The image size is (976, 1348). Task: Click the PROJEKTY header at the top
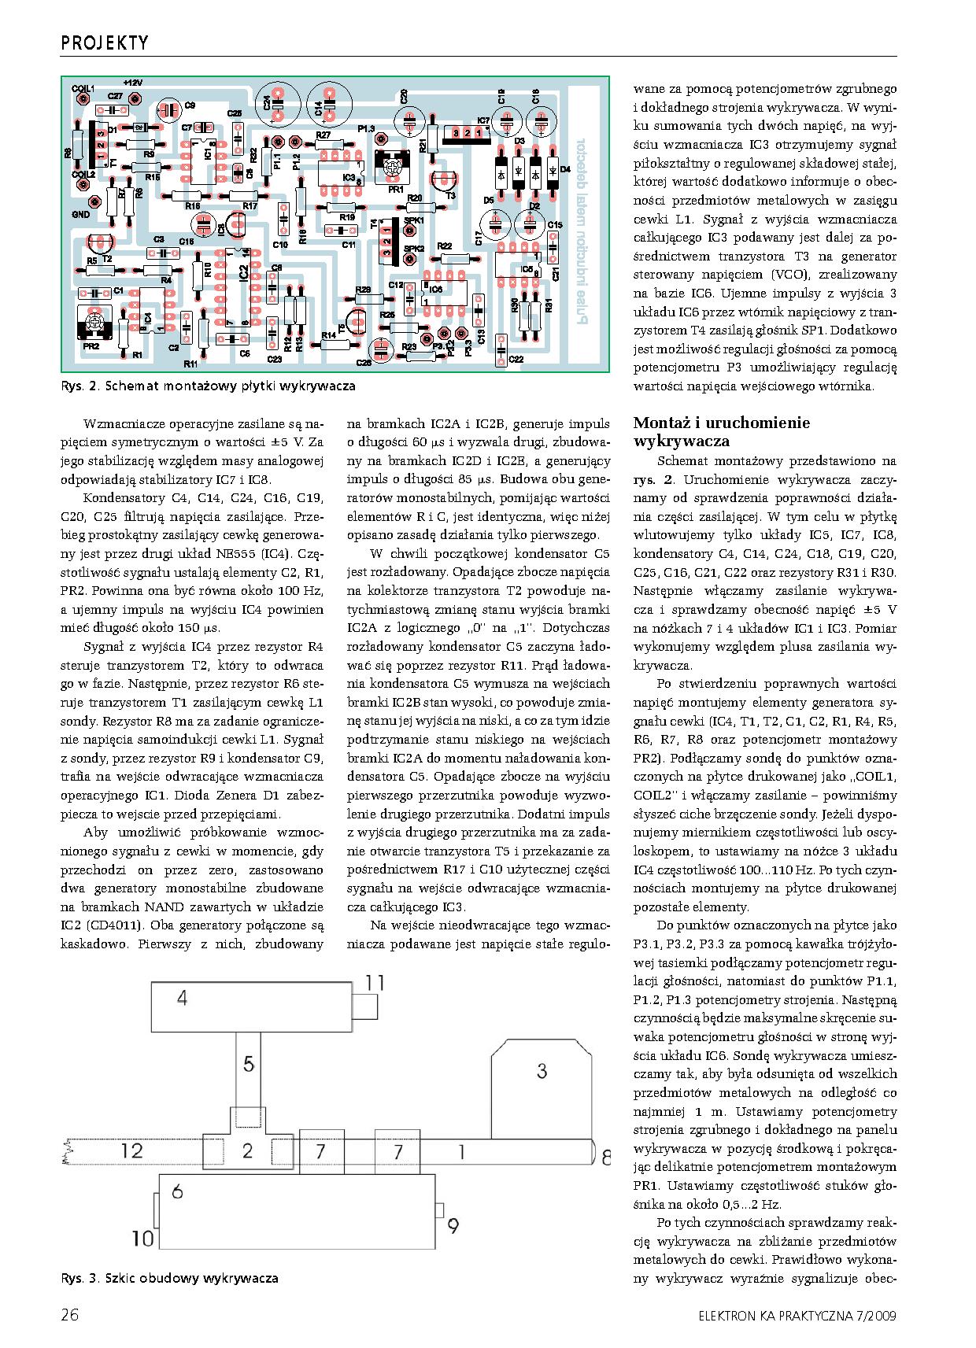click(x=105, y=42)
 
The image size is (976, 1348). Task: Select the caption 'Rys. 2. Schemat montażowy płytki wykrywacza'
click(x=208, y=386)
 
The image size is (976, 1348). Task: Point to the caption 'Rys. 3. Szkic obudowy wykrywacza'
click(x=169, y=1279)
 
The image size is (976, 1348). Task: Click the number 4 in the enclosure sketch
click(x=183, y=999)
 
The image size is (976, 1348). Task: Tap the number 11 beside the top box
click(x=375, y=983)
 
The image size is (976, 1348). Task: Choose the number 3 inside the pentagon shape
click(x=542, y=1070)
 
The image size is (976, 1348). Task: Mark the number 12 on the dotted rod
click(x=132, y=1150)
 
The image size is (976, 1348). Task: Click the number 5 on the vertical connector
click(x=249, y=1065)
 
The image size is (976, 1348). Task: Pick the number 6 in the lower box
click(x=177, y=1191)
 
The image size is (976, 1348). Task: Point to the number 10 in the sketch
click(x=142, y=1239)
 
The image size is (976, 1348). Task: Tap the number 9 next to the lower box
click(x=453, y=1226)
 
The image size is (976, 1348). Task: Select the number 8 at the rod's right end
click(x=604, y=1158)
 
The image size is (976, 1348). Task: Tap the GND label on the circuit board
click(x=81, y=214)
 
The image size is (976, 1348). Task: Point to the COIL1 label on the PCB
click(x=83, y=88)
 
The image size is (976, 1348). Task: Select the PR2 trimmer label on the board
click(x=91, y=345)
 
